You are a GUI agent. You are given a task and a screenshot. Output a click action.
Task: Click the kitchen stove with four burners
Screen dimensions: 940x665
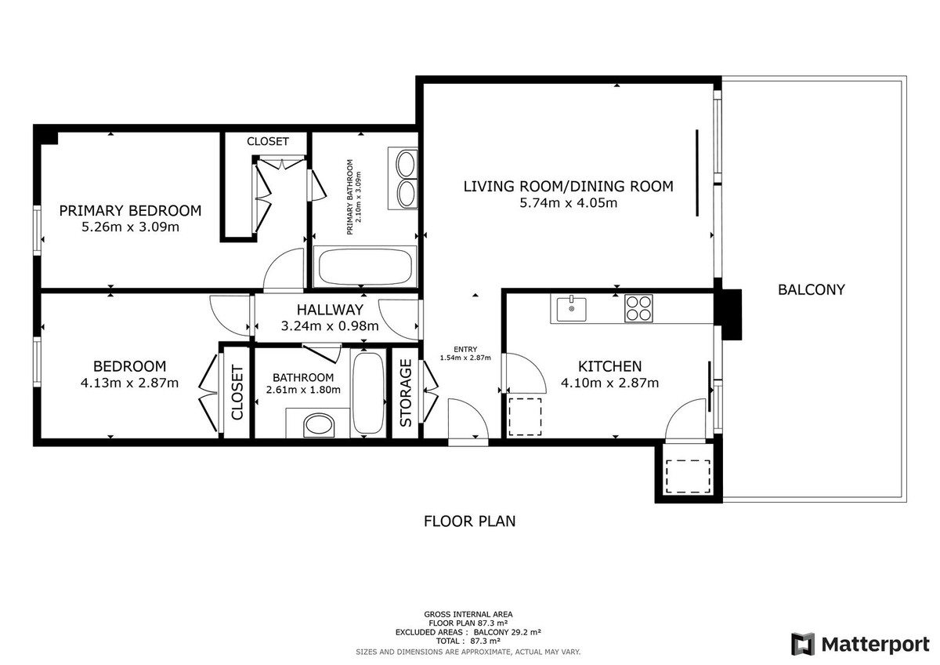(638, 308)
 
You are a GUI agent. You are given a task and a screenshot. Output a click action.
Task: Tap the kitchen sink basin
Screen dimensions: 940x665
(571, 309)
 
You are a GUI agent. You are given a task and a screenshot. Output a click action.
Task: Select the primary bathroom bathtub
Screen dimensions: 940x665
(364, 267)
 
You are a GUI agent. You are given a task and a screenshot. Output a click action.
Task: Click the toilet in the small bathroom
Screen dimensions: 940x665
(319, 425)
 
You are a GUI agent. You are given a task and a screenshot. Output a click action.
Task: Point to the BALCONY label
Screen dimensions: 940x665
(812, 290)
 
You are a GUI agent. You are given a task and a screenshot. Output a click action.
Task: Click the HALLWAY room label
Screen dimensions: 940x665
(330, 310)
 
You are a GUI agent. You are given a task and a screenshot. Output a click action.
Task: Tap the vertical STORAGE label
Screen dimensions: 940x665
(406, 393)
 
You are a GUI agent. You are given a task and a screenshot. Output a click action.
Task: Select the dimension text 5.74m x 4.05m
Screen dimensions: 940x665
(568, 203)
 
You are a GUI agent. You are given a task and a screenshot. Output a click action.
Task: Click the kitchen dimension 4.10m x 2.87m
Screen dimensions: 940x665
(609, 383)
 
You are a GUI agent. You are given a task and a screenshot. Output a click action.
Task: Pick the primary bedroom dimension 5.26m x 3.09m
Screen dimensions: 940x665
(130, 227)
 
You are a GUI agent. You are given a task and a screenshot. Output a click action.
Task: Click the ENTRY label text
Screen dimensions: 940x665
(465, 350)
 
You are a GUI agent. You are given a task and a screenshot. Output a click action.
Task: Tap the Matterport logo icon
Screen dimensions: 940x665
(802, 644)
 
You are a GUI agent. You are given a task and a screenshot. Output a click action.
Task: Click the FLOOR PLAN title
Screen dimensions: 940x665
(469, 521)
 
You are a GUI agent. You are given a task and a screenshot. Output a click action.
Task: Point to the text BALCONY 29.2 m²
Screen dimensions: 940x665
(507, 632)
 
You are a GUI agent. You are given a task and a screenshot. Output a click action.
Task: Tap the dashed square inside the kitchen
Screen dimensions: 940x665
(525, 417)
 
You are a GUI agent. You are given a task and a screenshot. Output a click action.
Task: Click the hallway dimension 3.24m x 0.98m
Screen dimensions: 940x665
(330, 326)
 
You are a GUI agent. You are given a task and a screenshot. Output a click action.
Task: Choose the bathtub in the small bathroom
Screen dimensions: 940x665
(368, 393)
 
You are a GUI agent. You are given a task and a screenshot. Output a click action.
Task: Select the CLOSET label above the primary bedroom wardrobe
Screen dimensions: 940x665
(268, 142)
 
